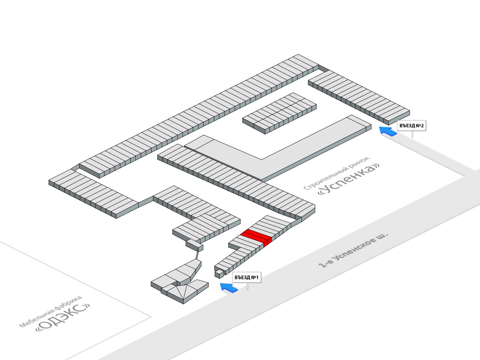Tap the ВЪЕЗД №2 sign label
(411, 126)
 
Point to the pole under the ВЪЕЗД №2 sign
(412, 134)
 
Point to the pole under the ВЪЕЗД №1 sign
(247, 286)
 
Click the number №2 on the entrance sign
(420, 126)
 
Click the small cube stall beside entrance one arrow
(217, 274)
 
